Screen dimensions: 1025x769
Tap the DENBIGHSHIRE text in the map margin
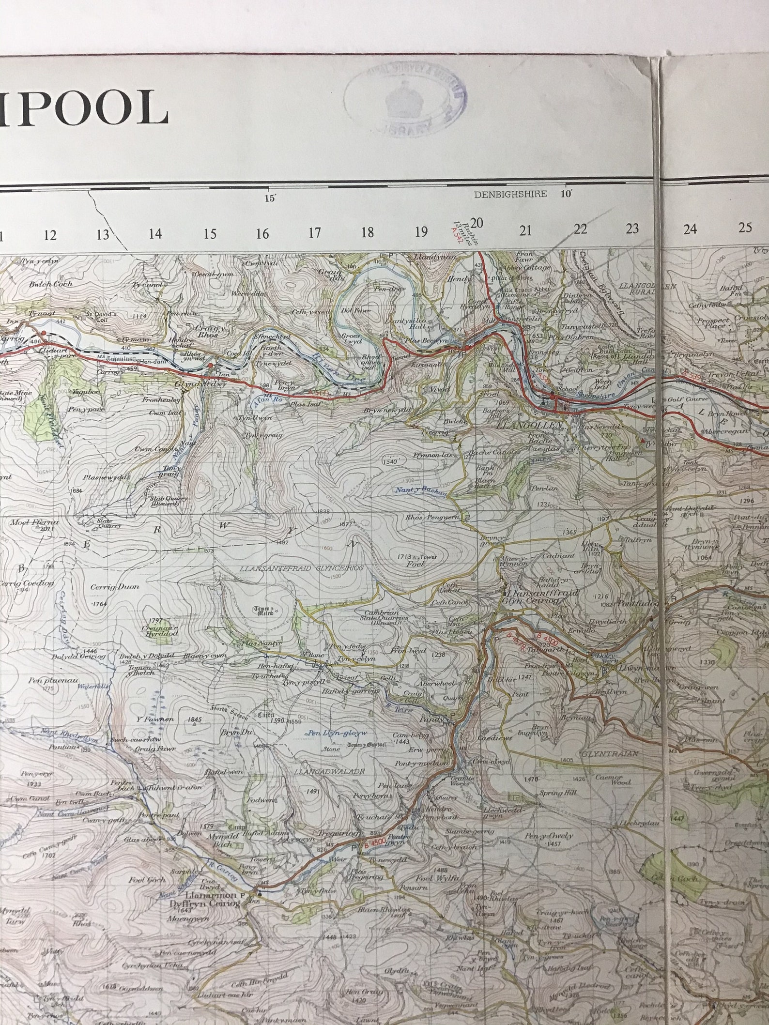click(x=510, y=194)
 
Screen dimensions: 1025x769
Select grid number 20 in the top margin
click(x=477, y=223)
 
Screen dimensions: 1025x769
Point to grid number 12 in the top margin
click(x=50, y=235)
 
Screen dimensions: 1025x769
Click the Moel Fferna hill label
click(x=41, y=522)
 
